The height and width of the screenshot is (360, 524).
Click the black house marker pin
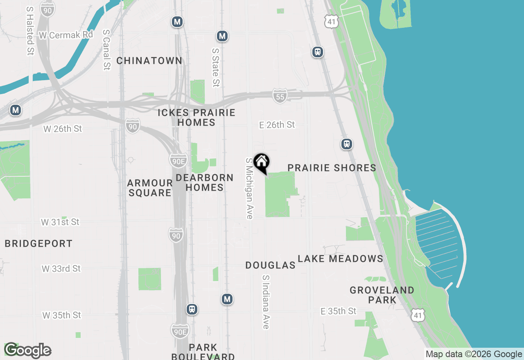pyautogui.click(x=261, y=163)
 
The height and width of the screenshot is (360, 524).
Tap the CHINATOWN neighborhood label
pyautogui.click(x=149, y=61)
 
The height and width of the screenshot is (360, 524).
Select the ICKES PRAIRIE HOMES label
pyautogui.click(x=196, y=117)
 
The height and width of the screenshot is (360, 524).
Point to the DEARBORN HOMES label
pyautogui.click(x=204, y=182)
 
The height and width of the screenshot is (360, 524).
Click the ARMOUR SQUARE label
pyautogui.click(x=149, y=188)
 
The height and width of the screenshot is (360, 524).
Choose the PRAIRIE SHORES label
pyautogui.click(x=332, y=168)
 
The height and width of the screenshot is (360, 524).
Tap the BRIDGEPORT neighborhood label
pyautogui.click(x=38, y=244)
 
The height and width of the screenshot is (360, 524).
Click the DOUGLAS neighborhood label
pyautogui.click(x=270, y=265)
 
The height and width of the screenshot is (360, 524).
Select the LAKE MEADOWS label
pyautogui.click(x=340, y=259)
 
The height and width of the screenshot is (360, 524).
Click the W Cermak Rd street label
pyautogui.click(x=66, y=35)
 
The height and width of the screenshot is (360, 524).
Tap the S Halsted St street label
pyautogui.click(x=30, y=31)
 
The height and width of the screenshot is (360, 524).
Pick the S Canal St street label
pyautogui.click(x=106, y=49)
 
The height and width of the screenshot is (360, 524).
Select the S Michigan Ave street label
pyautogui.click(x=249, y=188)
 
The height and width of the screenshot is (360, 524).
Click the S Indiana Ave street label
pyautogui.click(x=266, y=302)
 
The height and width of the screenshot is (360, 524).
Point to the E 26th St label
pyautogui.click(x=277, y=125)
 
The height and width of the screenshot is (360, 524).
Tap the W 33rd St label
pyautogui.click(x=61, y=269)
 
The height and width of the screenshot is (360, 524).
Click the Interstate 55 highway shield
pyautogui.click(x=280, y=97)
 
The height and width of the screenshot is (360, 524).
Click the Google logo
pyautogui.click(x=27, y=351)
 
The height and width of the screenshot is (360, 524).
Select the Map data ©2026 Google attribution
pyautogui.click(x=474, y=354)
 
